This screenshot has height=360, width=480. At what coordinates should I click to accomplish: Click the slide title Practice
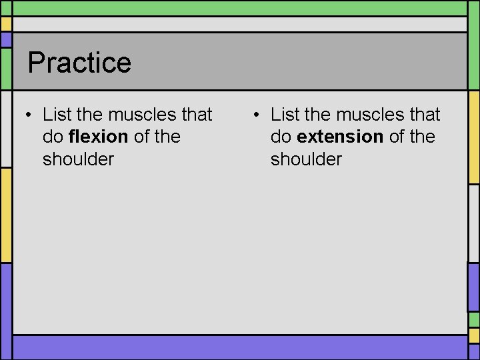pyautogui.click(x=79, y=63)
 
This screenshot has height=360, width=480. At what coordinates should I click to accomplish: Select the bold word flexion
pyautogui.click(x=98, y=137)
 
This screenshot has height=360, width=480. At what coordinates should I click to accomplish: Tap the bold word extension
pyautogui.click(x=340, y=137)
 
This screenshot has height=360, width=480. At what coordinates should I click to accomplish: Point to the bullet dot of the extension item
pyautogui.click(x=257, y=115)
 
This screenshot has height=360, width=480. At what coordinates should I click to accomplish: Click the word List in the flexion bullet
pyautogui.click(x=57, y=115)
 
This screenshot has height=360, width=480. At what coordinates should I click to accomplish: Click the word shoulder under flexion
pyautogui.click(x=78, y=159)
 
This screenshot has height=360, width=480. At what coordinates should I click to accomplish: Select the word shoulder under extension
pyautogui.click(x=306, y=159)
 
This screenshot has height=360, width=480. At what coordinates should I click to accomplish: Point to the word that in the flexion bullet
pyautogui.click(x=196, y=115)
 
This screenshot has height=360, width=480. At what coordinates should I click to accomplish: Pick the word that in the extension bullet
pyautogui.click(x=424, y=115)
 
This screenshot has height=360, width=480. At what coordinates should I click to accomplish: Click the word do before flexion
pyautogui.click(x=53, y=137)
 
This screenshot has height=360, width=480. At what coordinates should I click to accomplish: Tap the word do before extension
pyautogui.click(x=281, y=137)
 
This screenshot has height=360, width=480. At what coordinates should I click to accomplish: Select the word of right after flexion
pyautogui.click(x=142, y=137)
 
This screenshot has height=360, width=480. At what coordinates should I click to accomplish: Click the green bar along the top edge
pyautogui.click(x=240, y=7)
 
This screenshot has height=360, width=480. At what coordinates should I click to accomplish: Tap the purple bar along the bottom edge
pyautogui.click(x=240, y=347)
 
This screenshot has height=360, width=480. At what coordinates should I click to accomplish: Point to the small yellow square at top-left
pyautogui.click(x=6, y=24)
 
